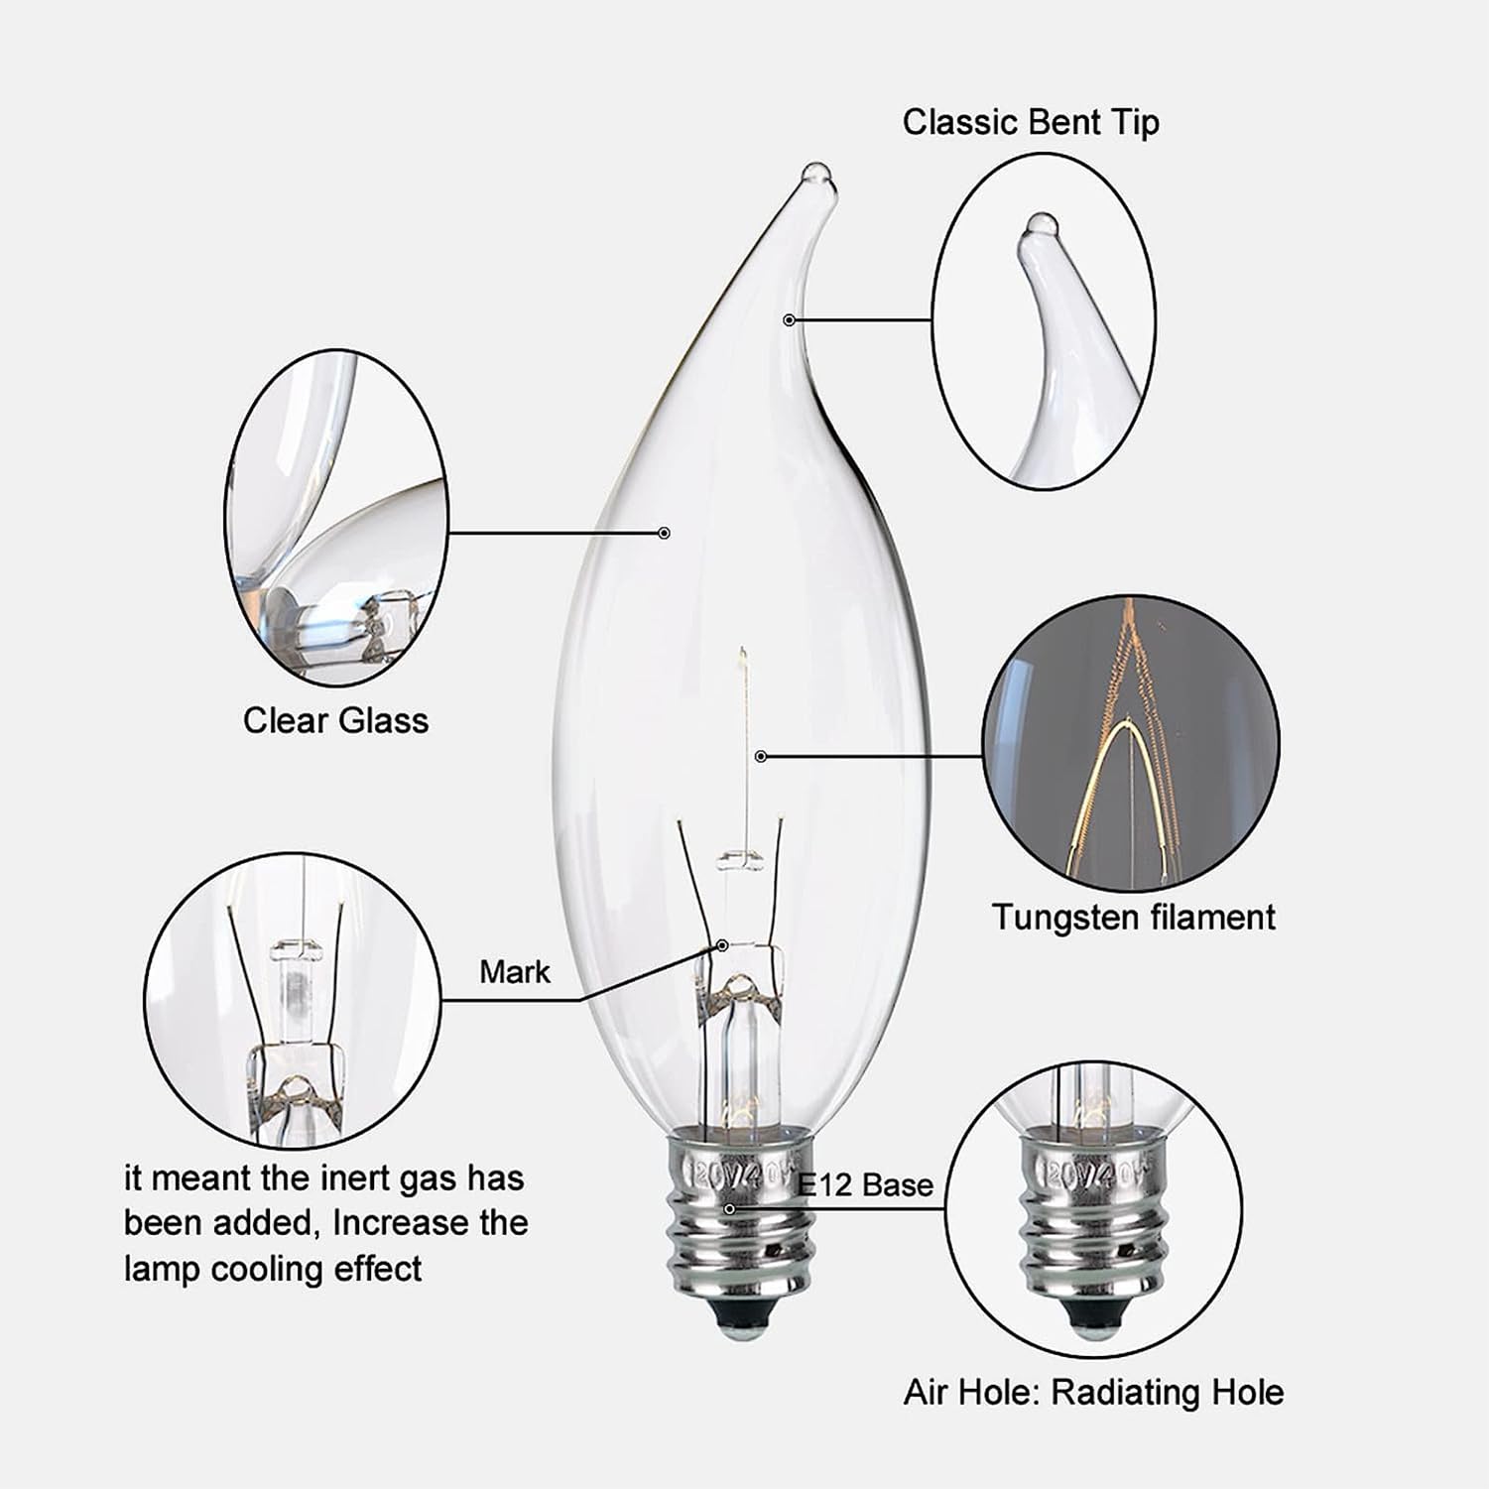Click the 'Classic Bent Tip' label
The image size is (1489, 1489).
click(x=1030, y=123)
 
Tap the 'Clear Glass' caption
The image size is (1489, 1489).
click(x=335, y=720)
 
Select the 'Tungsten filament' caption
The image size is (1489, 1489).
click(x=1133, y=917)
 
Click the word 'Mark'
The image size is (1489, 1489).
click(x=514, y=971)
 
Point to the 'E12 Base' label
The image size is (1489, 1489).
click(x=865, y=1184)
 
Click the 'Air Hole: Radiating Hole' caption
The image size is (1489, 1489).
click(x=1093, y=1392)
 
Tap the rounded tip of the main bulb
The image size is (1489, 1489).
click(x=815, y=173)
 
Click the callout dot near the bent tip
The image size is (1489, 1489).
click(x=789, y=319)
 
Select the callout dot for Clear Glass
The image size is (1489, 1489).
click(x=665, y=533)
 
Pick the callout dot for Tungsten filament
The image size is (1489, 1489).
click(x=761, y=756)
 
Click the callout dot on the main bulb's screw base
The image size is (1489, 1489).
click(x=730, y=1208)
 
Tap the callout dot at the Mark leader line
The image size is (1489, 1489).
click(x=722, y=945)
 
